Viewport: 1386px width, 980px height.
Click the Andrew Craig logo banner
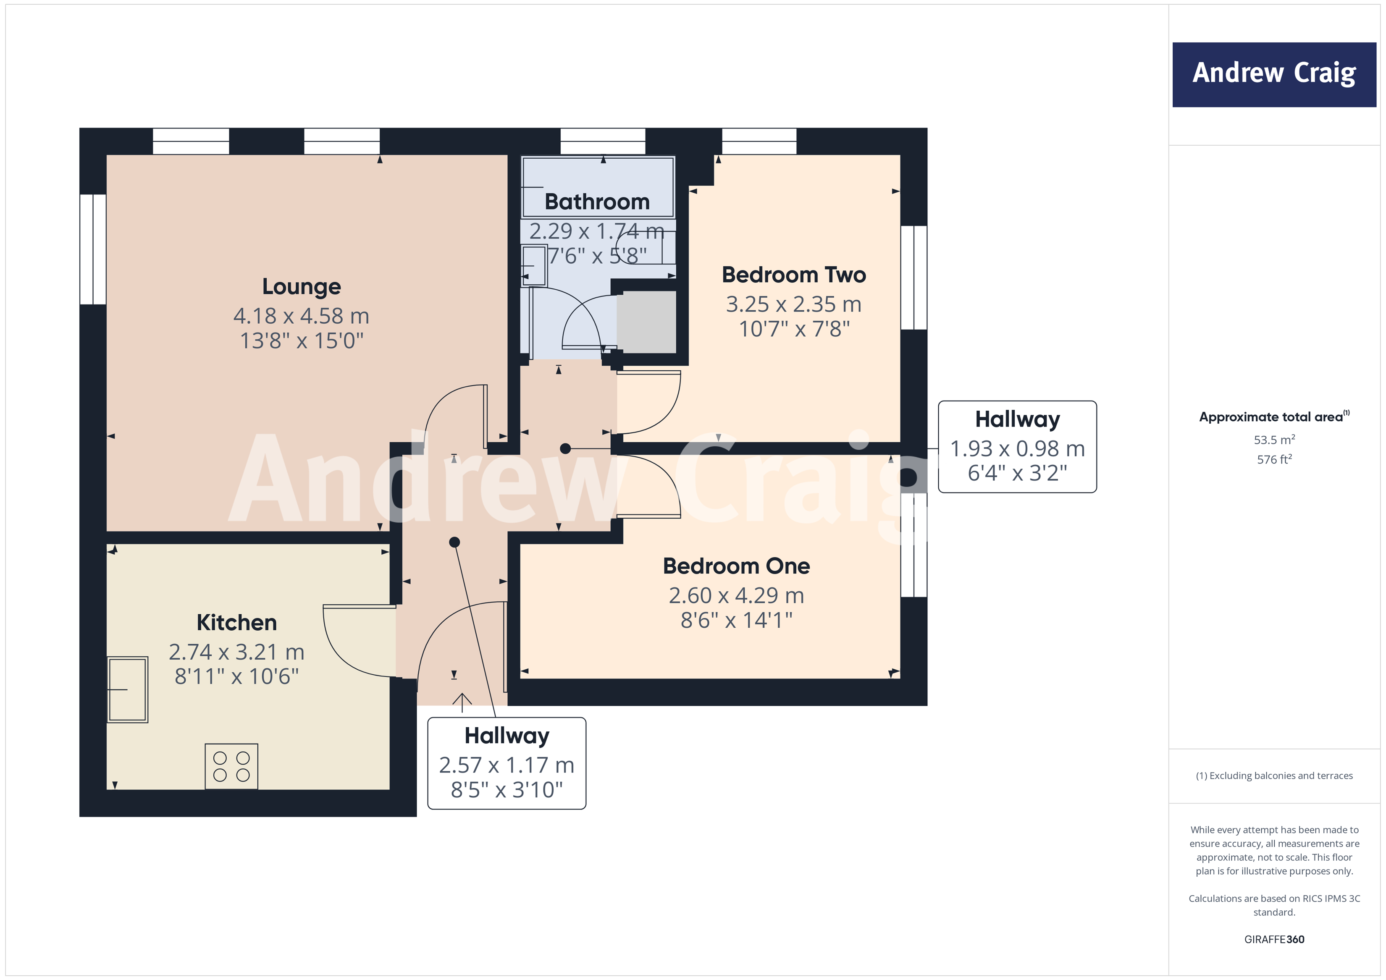pos(1274,74)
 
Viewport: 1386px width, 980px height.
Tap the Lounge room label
pos(301,287)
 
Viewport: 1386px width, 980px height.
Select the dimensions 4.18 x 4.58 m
pos(301,316)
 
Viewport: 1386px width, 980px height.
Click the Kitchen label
pos(236,622)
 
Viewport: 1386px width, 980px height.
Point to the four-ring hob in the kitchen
pos(231,766)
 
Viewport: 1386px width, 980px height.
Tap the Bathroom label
pos(597,202)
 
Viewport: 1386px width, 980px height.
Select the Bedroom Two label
pos(794,275)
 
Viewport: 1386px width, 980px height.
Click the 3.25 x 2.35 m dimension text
pos(794,304)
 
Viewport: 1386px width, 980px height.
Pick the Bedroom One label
pos(736,566)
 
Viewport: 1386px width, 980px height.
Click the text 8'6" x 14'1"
pos(736,620)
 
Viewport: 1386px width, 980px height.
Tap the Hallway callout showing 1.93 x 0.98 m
pos(1017,447)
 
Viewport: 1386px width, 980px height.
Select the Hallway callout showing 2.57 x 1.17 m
pos(507,763)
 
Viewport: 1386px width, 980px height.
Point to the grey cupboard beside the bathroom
pos(646,322)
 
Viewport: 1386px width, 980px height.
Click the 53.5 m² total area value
pos(1274,440)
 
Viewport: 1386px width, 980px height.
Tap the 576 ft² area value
pos(1274,460)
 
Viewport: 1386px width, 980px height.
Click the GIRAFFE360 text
pos(1274,939)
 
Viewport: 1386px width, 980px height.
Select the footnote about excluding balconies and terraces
pos(1274,776)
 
